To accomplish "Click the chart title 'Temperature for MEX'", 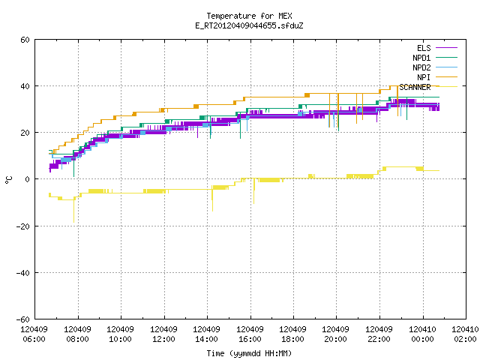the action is click(x=249, y=16).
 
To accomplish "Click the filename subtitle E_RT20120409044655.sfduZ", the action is click(x=249, y=25).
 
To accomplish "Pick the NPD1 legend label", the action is click(x=421, y=58).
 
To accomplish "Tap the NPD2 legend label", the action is click(x=421, y=67).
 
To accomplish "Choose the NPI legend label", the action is click(x=424, y=77).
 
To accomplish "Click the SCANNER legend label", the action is click(x=415, y=87).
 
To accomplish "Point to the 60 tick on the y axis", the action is click(x=25, y=40).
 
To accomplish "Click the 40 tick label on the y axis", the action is click(x=25, y=86).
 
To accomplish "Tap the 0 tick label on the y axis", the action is click(x=28, y=179).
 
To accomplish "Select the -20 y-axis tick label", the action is click(x=23, y=226).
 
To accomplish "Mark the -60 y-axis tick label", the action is click(x=23, y=319).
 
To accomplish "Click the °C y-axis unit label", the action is click(x=8, y=180).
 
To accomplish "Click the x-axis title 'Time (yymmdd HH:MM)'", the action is click(x=249, y=353).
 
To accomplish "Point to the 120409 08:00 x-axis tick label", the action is click(x=77, y=334).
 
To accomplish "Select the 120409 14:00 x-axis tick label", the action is click(x=207, y=334).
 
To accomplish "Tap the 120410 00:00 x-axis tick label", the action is click(x=422, y=334).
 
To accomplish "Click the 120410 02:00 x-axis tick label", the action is click(x=465, y=334).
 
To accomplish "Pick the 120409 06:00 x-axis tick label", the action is click(x=34, y=334).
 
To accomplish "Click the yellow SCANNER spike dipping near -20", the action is click(x=73, y=211).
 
